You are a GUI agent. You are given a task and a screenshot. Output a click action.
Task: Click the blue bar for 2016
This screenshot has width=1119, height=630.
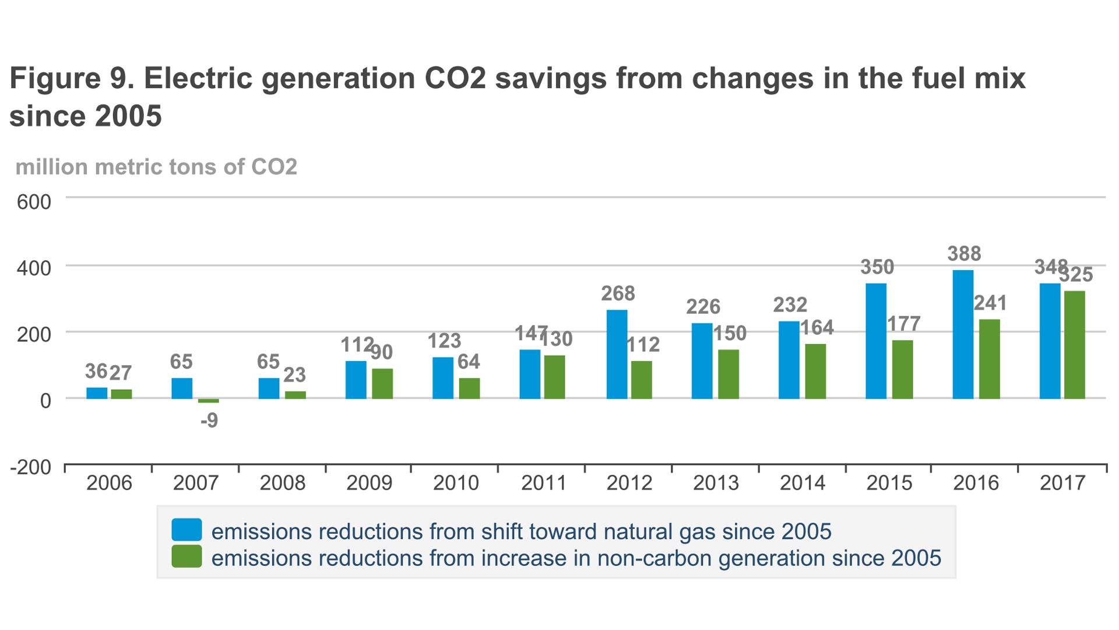962,334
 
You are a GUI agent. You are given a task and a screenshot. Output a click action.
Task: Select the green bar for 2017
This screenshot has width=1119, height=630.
1074,345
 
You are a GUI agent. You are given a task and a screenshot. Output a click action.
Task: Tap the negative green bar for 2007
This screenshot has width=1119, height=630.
208,401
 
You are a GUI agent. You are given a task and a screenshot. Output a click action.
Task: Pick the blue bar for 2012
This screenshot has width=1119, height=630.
617,354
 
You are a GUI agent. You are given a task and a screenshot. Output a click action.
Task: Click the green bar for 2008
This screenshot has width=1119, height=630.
295,395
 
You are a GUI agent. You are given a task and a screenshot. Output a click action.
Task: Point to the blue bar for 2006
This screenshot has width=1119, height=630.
97,393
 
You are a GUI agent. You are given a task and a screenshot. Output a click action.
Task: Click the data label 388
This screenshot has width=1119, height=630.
964,254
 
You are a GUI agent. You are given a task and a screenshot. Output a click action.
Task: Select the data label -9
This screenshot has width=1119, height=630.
209,421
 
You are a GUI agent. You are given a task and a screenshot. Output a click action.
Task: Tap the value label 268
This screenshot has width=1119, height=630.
618,293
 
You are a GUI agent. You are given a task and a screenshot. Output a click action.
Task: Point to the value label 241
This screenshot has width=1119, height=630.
990,303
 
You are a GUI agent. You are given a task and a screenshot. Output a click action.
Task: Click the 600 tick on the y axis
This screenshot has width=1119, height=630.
34,202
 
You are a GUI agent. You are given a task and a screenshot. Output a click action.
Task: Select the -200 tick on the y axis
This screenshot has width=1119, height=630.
30,467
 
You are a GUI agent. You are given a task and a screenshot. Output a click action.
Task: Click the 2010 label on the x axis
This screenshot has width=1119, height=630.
456,483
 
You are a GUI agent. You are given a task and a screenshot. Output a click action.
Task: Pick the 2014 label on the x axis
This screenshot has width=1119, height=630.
802,483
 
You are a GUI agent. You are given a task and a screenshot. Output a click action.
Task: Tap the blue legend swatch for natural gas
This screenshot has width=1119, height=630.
186,530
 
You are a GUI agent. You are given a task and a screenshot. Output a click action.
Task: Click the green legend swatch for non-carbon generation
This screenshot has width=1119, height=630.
186,556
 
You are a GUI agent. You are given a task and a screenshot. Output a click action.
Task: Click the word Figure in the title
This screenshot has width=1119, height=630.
55,79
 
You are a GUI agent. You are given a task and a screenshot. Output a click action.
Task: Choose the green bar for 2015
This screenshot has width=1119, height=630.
902,369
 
